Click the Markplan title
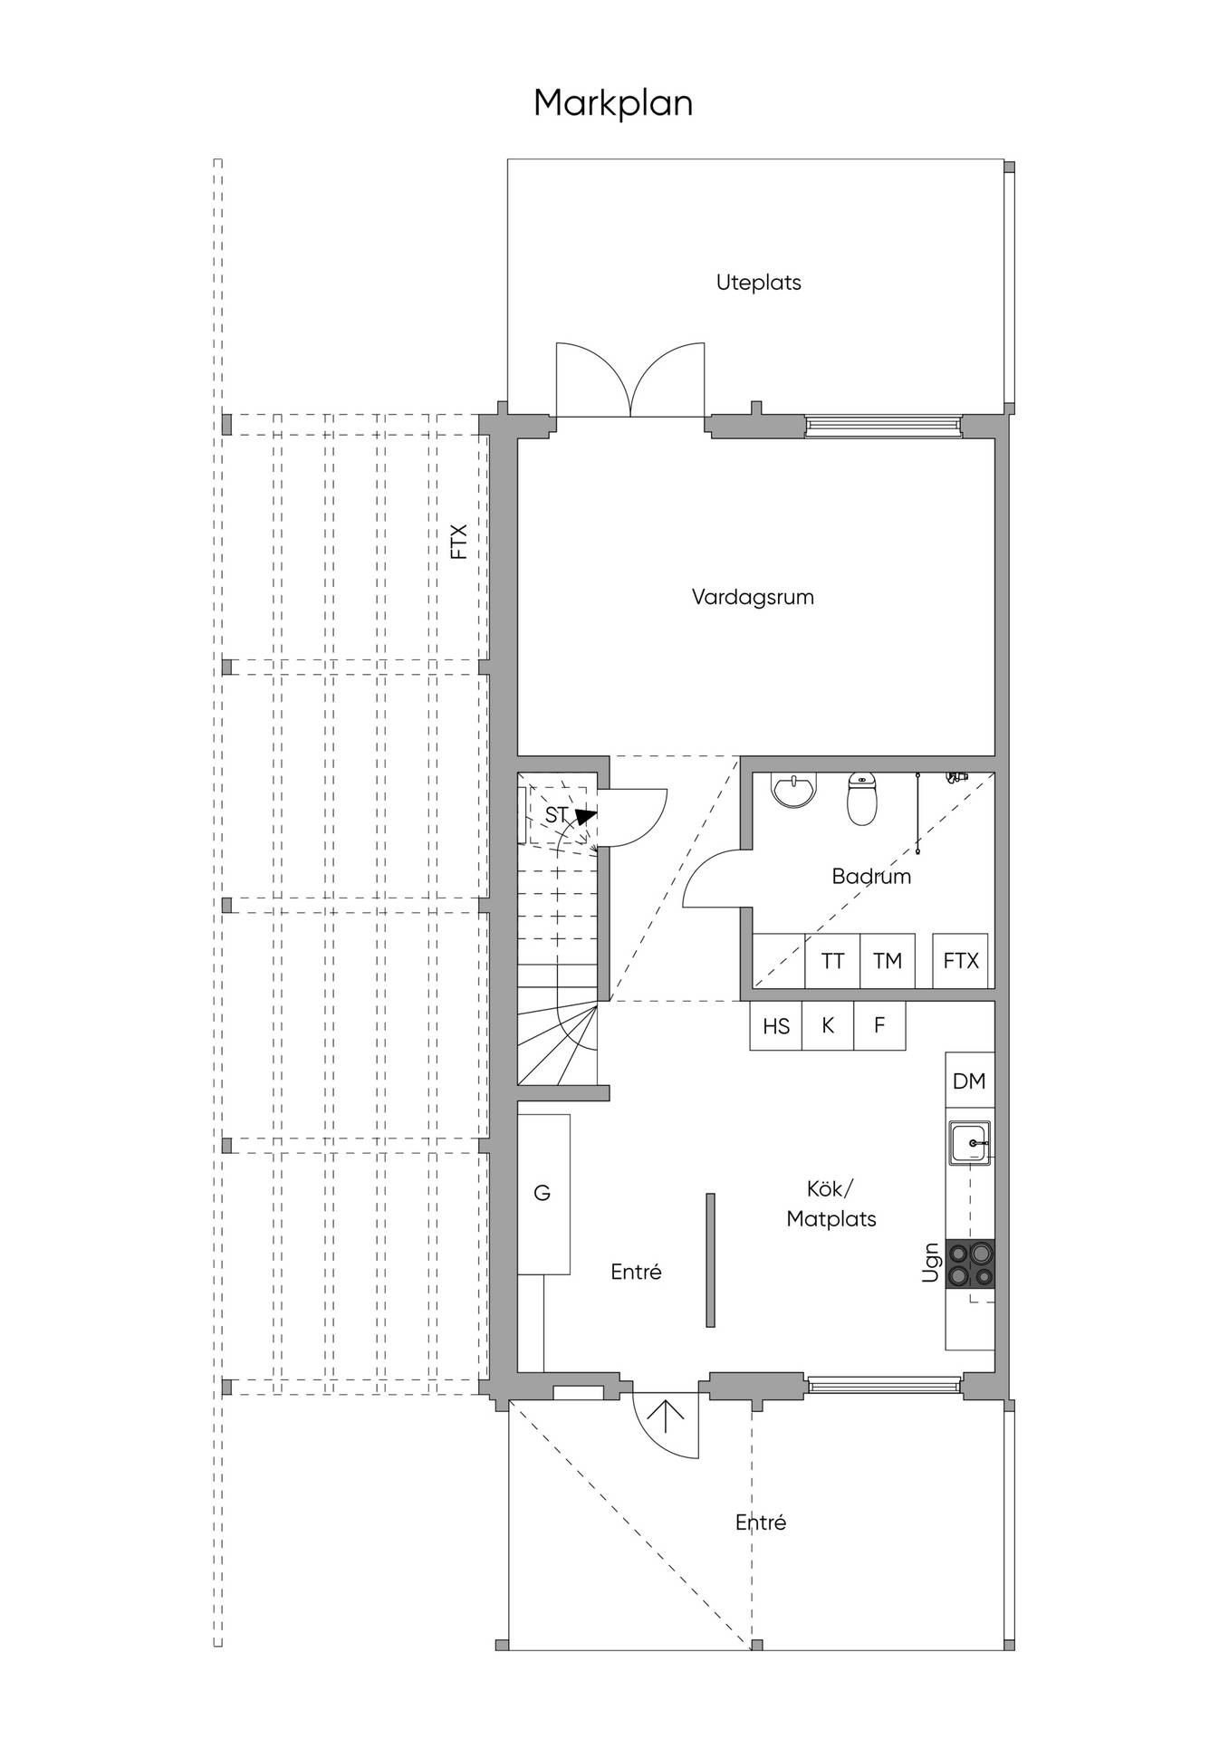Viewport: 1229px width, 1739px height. point(613,104)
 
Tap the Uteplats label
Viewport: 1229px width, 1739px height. point(759,283)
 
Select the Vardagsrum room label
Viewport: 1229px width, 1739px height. point(753,598)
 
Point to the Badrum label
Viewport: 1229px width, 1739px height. point(871,876)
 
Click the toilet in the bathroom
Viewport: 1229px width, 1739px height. point(862,799)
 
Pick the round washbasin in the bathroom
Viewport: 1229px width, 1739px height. point(794,789)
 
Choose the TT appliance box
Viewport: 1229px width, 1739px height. point(832,960)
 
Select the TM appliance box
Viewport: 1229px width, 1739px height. point(887,960)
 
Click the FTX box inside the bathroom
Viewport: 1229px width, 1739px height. point(960,960)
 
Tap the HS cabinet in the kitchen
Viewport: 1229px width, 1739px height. point(776,1025)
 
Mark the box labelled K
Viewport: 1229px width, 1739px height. point(828,1025)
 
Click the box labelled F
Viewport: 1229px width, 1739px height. point(879,1025)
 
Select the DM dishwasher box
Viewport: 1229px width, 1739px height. point(970,1080)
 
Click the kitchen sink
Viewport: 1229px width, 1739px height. point(970,1143)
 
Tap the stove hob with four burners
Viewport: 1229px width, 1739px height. point(970,1263)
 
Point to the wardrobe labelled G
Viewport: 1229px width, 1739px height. point(543,1194)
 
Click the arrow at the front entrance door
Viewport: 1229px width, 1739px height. point(666,1415)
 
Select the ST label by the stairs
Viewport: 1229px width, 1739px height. point(556,815)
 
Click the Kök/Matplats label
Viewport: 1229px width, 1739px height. point(831,1204)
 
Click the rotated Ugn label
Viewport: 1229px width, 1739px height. point(930,1263)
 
